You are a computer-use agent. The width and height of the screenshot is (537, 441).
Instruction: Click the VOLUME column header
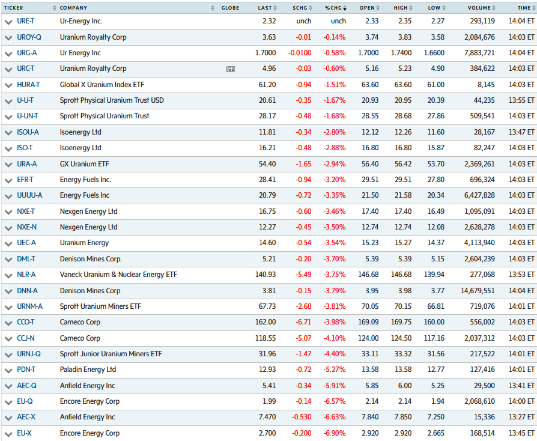click(479, 8)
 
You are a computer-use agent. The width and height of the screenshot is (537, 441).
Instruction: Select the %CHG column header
click(333, 8)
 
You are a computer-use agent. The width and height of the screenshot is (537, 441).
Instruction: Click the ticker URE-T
click(26, 21)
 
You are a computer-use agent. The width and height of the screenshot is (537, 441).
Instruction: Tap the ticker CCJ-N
click(26, 338)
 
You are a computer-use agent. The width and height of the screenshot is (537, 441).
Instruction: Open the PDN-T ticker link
click(26, 370)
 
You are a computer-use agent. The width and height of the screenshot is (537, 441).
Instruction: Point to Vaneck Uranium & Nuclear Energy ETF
click(118, 275)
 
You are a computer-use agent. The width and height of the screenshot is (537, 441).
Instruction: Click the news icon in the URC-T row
click(231, 69)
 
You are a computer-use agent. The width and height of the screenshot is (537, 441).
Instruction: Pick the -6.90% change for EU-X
click(335, 433)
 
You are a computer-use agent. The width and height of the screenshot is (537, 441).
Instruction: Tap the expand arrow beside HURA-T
click(8, 85)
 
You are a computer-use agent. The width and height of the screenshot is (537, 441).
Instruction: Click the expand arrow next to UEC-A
click(8, 243)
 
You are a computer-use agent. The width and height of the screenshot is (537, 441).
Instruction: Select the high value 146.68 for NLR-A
click(401, 275)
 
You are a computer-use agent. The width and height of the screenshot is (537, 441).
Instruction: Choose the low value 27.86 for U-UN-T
click(434, 116)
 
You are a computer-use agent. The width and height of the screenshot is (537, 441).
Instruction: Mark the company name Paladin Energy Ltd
click(88, 370)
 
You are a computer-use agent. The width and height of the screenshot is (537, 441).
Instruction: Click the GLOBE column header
click(230, 8)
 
